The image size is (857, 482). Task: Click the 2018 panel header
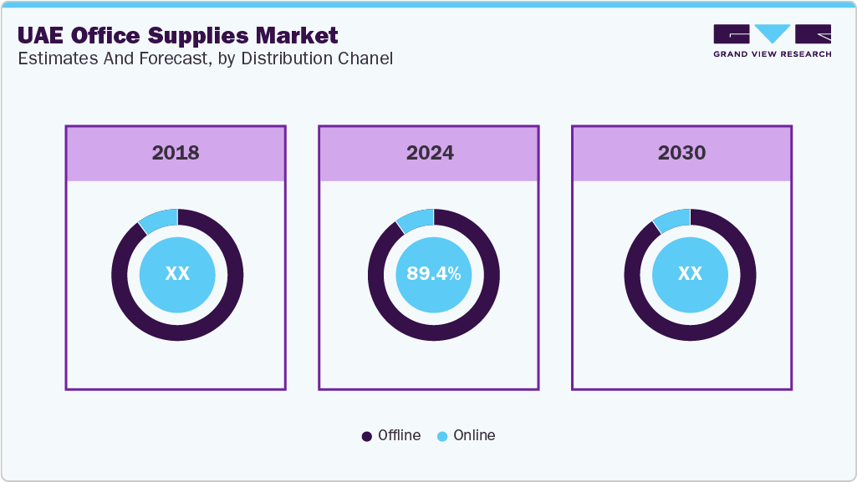pos(176,153)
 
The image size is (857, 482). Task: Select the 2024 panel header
pos(430,153)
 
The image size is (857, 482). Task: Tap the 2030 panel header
pos(681,153)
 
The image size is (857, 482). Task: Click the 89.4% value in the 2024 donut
pos(434,274)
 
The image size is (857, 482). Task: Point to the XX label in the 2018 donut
pos(177,274)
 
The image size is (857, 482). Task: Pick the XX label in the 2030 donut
pos(690,274)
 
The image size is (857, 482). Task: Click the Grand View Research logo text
pos(772,54)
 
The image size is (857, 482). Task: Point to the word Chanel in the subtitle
pos(367,58)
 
